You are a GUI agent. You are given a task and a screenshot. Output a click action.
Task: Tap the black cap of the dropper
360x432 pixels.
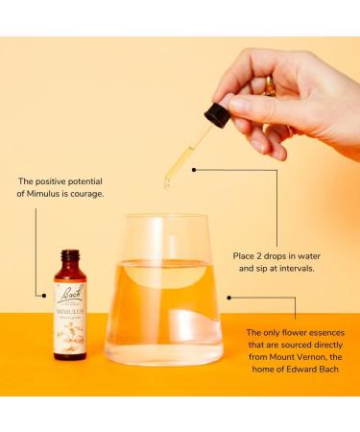pos(216,115)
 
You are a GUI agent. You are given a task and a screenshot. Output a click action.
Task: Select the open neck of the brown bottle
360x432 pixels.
pos(68,255)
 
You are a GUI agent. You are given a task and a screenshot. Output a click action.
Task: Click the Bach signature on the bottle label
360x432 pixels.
pos(68,287)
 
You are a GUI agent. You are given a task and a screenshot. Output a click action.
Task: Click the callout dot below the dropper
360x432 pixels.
pos(193,170)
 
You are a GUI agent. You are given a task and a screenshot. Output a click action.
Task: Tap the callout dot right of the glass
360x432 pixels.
pos(228,297)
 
